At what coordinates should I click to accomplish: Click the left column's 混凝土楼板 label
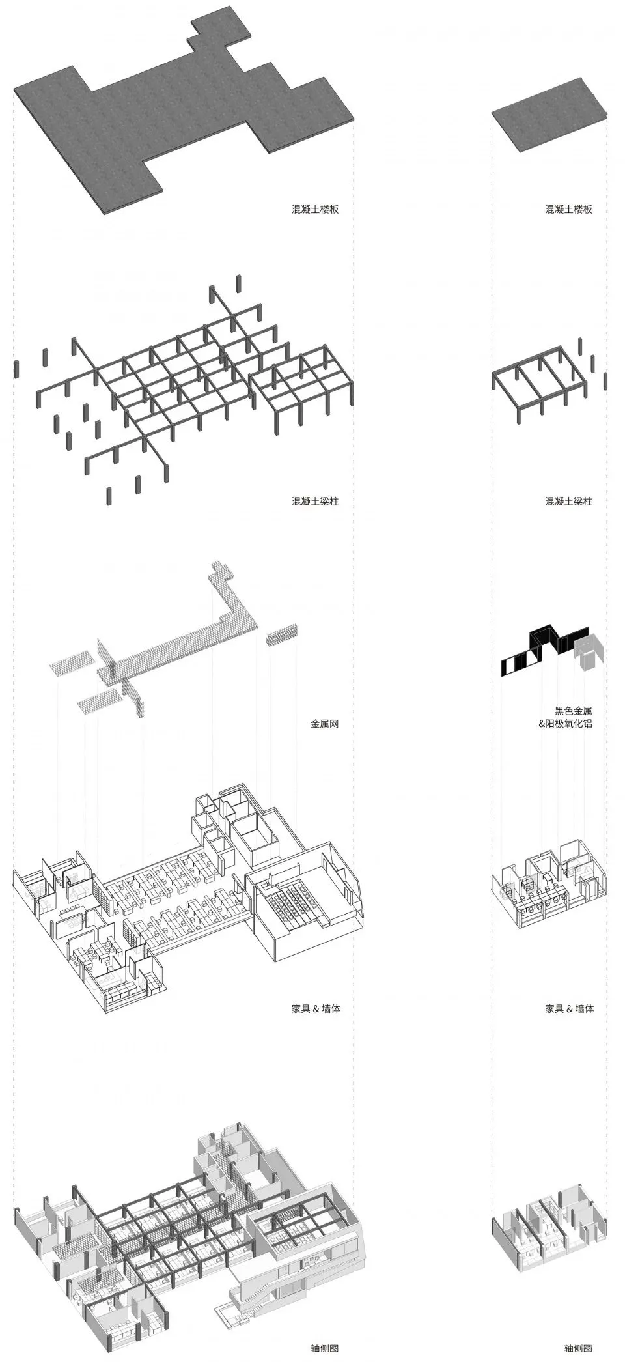[315, 210]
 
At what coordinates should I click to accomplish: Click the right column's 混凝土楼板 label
[568, 210]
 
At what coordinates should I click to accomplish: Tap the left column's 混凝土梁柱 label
[315, 502]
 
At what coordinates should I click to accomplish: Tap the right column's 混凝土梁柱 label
[568, 502]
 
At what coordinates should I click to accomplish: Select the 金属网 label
[324, 724]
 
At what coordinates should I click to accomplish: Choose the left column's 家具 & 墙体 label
[315, 1008]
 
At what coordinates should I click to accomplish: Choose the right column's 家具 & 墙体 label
[568, 1008]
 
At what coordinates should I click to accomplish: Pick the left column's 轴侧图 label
[324, 1349]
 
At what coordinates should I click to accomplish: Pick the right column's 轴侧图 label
[577, 1349]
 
